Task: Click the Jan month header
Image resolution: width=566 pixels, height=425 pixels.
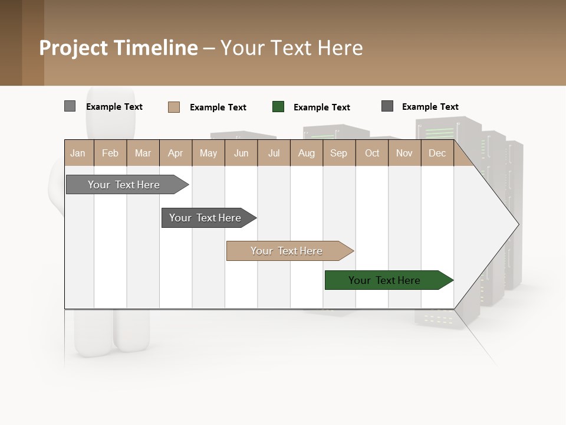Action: click(78, 153)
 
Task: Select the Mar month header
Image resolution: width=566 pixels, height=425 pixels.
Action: click(143, 153)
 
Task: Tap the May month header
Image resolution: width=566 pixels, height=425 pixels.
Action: click(208, 153)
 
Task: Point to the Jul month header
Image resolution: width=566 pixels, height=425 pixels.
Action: click(274, 153)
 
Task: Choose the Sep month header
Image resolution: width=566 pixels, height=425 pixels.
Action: click(338, 153)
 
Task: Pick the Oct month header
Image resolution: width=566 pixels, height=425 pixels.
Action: click(372, 153)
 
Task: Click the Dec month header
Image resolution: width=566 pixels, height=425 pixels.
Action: click(437, 153)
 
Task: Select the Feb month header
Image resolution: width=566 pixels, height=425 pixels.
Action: click(110, 153)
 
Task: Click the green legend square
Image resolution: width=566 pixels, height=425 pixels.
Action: click(278, 107)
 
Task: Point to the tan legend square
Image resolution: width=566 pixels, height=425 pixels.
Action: click(174, 107)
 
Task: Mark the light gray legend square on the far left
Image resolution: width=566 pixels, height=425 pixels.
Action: click(70, 106)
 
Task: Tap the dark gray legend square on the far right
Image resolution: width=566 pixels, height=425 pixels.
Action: click(387, 106)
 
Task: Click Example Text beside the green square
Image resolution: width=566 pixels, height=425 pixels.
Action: click(321, 107)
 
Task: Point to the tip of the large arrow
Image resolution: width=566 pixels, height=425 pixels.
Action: click(517, 224)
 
